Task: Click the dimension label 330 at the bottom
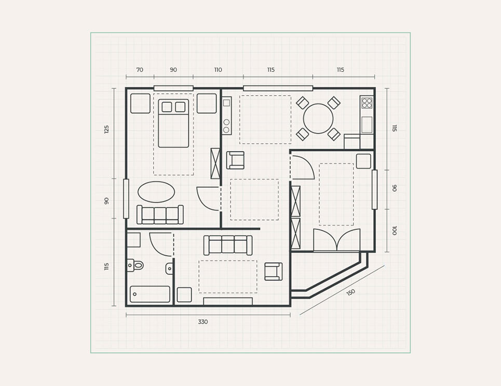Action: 203,321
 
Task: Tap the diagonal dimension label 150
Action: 350,292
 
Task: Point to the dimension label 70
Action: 140,70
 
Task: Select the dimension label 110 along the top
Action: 218,70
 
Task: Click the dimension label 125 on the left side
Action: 107,130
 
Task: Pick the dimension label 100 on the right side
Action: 394,230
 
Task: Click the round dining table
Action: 318,119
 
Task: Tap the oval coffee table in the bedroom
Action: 156,192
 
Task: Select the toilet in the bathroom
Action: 135,265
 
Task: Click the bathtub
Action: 150,294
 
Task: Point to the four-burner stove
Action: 367,102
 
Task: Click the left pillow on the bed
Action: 167,107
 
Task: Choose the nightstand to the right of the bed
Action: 207,104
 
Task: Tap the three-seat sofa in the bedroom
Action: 160,214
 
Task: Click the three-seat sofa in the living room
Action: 228,245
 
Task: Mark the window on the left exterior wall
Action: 126,199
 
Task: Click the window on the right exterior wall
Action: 374,190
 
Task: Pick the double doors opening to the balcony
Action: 337,240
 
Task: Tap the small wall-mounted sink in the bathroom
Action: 169,268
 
